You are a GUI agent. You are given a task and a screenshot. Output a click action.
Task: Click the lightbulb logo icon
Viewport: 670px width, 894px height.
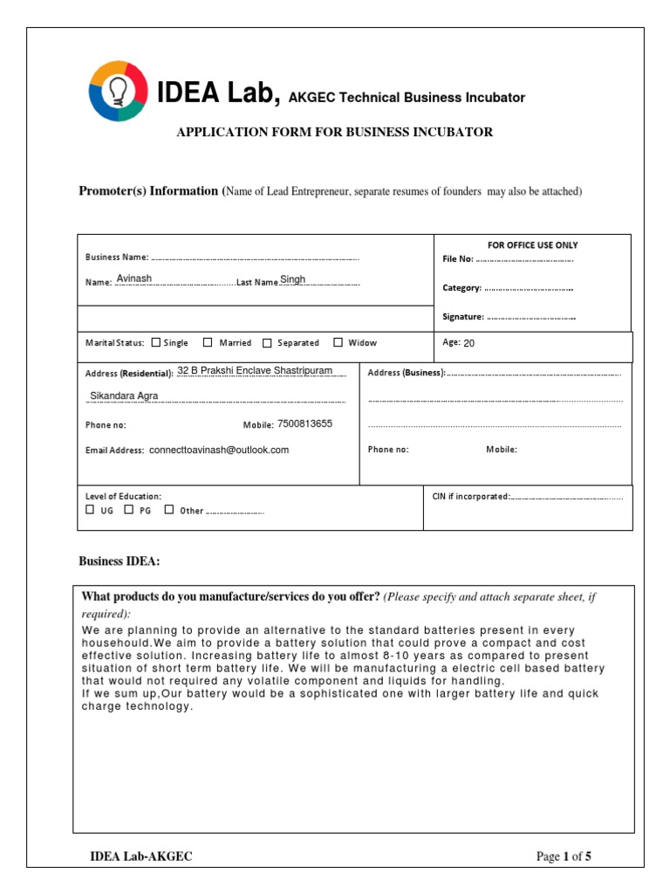[118, 91]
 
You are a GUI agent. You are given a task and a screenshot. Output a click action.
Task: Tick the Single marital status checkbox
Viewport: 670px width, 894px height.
[155, 343]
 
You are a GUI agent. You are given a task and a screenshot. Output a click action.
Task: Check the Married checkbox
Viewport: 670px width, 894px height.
[208, 343]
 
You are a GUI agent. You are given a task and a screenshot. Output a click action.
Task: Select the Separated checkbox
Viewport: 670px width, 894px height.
[267, 343]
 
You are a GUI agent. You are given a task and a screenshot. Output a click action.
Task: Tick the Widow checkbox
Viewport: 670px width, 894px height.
[338, 343]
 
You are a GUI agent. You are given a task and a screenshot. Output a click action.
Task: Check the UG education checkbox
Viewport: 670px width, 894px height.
[90, 510]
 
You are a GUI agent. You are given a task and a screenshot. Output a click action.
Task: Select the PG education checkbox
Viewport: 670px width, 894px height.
[128, 510]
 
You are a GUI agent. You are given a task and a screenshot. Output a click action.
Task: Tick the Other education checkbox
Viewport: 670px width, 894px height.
[168, 510]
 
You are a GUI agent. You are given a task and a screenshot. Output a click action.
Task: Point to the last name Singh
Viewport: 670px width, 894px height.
[292, 279]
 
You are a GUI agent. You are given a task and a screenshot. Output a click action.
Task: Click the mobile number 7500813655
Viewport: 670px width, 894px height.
[304, 424]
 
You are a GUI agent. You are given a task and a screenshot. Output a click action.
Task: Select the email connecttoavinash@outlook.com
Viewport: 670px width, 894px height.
[219, 450]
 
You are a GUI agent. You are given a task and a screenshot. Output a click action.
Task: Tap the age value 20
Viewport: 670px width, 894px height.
[468, 343]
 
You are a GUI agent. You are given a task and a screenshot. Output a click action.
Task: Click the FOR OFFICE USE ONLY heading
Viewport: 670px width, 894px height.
[532, 245]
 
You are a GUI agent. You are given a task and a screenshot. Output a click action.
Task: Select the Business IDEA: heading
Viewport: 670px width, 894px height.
[120, 561]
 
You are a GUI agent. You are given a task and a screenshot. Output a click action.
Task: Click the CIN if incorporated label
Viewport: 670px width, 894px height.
[470, 496]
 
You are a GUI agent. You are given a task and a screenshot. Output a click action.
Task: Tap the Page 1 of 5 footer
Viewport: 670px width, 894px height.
[564, 856]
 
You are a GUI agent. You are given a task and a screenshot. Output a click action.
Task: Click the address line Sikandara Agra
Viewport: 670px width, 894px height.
[124, 395]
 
